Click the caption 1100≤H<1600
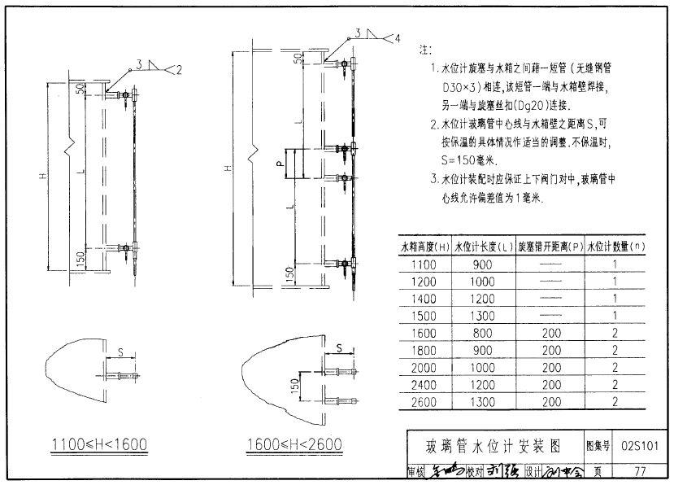coord(98,444)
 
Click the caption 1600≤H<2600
coord(293,444)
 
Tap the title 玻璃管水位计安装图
coord(494,446)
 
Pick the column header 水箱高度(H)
coord(424,246)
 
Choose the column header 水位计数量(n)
coord(617,246)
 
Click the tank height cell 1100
coord(424,264)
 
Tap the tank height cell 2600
coord(424,402)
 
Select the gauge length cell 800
coord(484,333)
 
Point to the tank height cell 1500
coord(424,316)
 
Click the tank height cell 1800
coord(424,351)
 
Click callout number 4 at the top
coord(398,38)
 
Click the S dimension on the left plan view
coord(121,352)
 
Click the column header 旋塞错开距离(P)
coord(550,246)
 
